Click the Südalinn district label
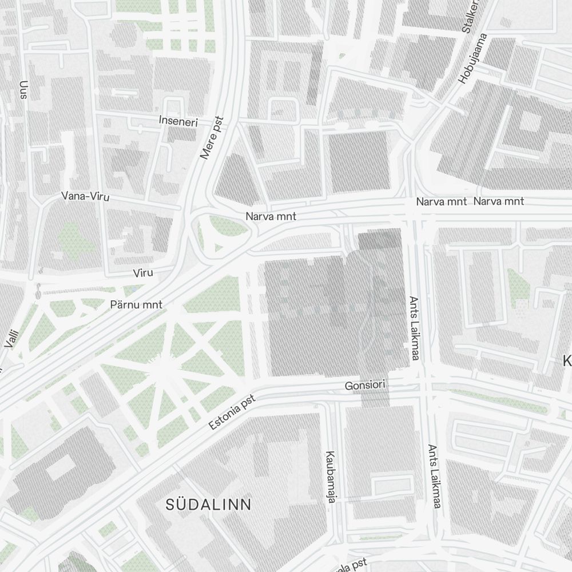point(208,504)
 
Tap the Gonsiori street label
point(366,386)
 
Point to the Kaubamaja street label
point(330,477)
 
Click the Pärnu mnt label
point(136,305)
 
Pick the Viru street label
point(142,273)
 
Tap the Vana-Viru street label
point(85,196)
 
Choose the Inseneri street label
point(178,121)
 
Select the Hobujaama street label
point(473,58)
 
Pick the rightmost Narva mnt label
point(499,201)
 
